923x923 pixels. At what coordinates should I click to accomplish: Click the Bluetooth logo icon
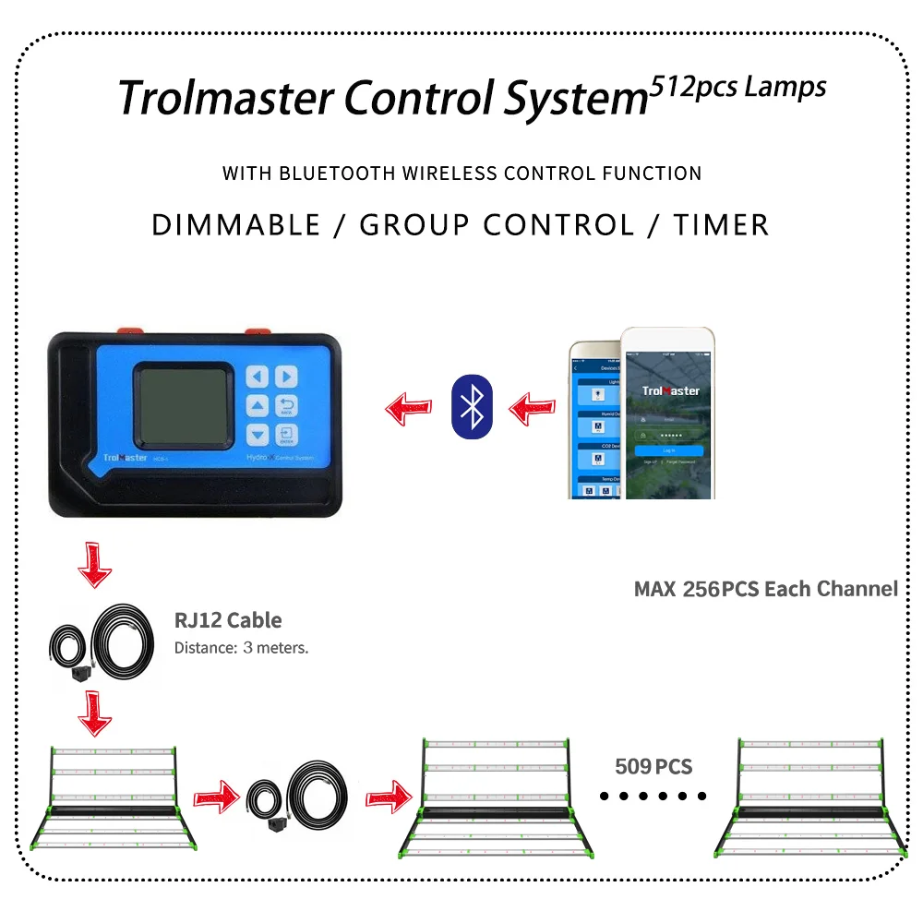tap(472, 404)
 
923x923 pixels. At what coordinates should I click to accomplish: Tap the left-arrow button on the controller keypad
tap(258, 377)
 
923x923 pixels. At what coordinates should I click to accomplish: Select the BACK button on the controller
tap(287, 405)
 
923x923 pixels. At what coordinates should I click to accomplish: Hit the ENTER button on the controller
tap(287, 435)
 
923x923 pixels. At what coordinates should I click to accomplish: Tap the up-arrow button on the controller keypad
tap(258, 405)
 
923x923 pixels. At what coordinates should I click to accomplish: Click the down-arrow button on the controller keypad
tap(258, 435)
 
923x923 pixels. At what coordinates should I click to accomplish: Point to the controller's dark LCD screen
tap(182, 403)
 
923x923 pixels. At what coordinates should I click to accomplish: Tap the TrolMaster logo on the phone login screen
tap(670, 390)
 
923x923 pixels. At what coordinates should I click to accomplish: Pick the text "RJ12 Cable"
tap(228, 620)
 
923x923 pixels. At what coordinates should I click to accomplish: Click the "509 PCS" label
tap(653, 766)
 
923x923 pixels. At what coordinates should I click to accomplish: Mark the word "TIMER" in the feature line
tap(721, 224)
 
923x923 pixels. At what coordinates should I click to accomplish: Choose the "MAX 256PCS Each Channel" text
tap(765, 589)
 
